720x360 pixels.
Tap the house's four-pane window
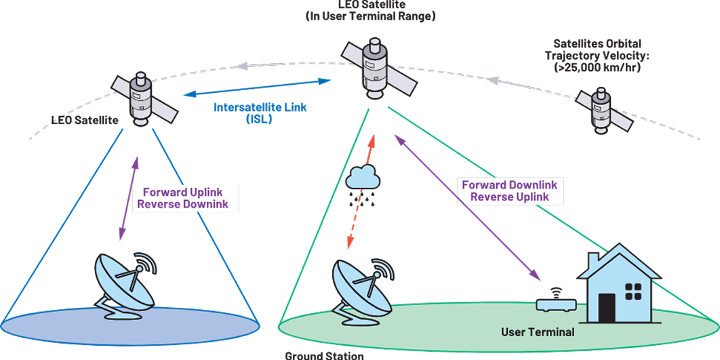pos(633,292)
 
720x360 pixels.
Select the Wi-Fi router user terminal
pos(555,303)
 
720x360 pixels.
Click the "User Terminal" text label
pos(538,332)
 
